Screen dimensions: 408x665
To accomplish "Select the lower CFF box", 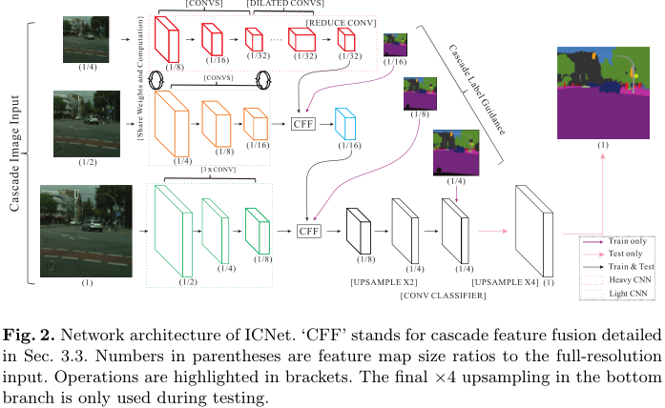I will point(308,231).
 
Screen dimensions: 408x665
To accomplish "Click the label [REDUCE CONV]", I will point(340,20).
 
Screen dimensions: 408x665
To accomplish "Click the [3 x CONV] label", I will point(218,170).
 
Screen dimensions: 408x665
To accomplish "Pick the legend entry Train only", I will point(626,242).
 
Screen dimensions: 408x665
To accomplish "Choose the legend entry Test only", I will point(624,255).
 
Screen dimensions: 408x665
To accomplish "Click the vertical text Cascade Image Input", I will point(15,153).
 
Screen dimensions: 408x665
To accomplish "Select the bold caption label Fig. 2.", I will point(24,335).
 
